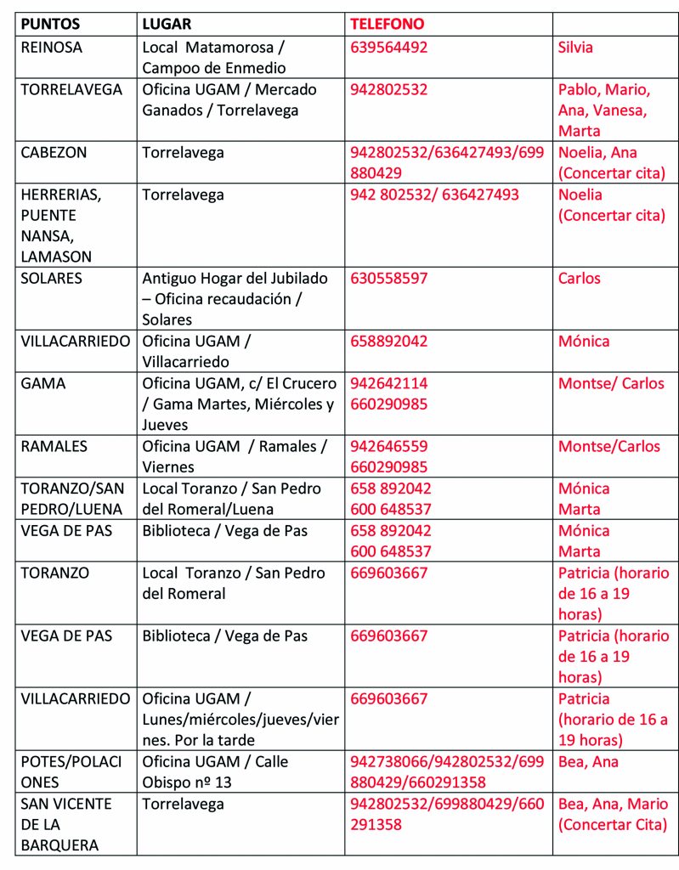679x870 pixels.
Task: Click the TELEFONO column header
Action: tap(387, 25)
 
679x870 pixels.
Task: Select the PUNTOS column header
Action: tap(50, 25)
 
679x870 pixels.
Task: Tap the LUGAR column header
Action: tap(167, 25)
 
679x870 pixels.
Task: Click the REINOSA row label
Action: tap(52, 48)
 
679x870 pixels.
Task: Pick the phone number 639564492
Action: tap(389, 48)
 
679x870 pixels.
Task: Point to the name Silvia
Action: tap(575, 48)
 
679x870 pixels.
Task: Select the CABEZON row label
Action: tap(54, 153)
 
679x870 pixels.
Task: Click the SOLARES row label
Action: tap(51, 279)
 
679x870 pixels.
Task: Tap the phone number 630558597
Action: tap(389, 279)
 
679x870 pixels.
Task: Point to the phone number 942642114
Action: tap(389, 384)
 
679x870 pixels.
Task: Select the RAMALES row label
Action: tap(54, 447)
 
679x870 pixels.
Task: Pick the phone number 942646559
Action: tap(389, 447)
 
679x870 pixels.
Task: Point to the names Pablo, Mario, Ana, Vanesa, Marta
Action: tap(604, 110)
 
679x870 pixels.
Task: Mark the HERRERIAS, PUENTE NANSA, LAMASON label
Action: tap(61, 225)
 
